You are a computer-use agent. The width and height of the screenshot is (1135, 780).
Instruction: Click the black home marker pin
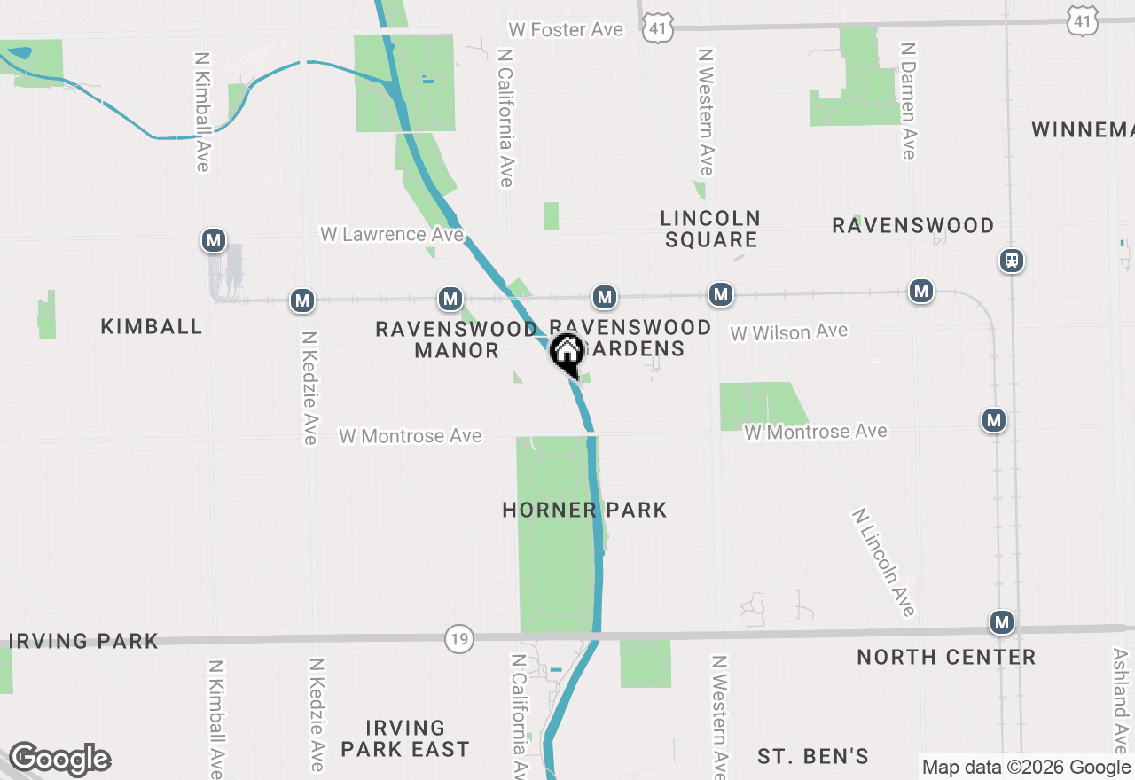[567, 353]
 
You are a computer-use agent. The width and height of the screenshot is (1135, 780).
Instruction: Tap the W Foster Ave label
[566, 29]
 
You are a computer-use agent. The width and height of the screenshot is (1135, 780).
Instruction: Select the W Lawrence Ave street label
[392, 234]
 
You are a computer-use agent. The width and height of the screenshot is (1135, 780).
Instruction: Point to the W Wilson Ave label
[788, 332]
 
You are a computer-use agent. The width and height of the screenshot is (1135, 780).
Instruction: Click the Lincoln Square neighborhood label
[711, 229]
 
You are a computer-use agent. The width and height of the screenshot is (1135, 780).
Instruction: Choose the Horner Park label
[584, 510]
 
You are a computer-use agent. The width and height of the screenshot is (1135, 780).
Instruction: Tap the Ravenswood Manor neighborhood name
[457, 339]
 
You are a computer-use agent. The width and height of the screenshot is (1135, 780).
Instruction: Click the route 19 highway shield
[458, 638]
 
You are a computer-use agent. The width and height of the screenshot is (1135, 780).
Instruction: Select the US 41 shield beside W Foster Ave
[657, 28]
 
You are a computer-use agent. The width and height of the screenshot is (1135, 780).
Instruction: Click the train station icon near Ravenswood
[1011, 261]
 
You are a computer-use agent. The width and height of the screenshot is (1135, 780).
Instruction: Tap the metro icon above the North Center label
[1002, 623]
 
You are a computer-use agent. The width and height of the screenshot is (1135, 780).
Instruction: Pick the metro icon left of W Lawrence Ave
[213, 240]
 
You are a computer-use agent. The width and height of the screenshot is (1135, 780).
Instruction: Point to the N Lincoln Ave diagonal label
[883, 562]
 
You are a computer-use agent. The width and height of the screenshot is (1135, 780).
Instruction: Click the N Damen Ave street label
[907, 100]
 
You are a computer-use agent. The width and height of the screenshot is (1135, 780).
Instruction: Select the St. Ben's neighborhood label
[812, 756]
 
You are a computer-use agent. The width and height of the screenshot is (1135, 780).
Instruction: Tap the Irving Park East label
[404, 739]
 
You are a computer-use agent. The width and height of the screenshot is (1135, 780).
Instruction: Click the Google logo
[60, 760]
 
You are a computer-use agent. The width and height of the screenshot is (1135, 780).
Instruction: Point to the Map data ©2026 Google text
[1026, 768]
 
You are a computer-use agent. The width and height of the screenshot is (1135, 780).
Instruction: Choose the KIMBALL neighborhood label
[152, 326]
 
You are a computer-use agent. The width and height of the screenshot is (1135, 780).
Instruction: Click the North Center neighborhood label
[946, 657]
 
